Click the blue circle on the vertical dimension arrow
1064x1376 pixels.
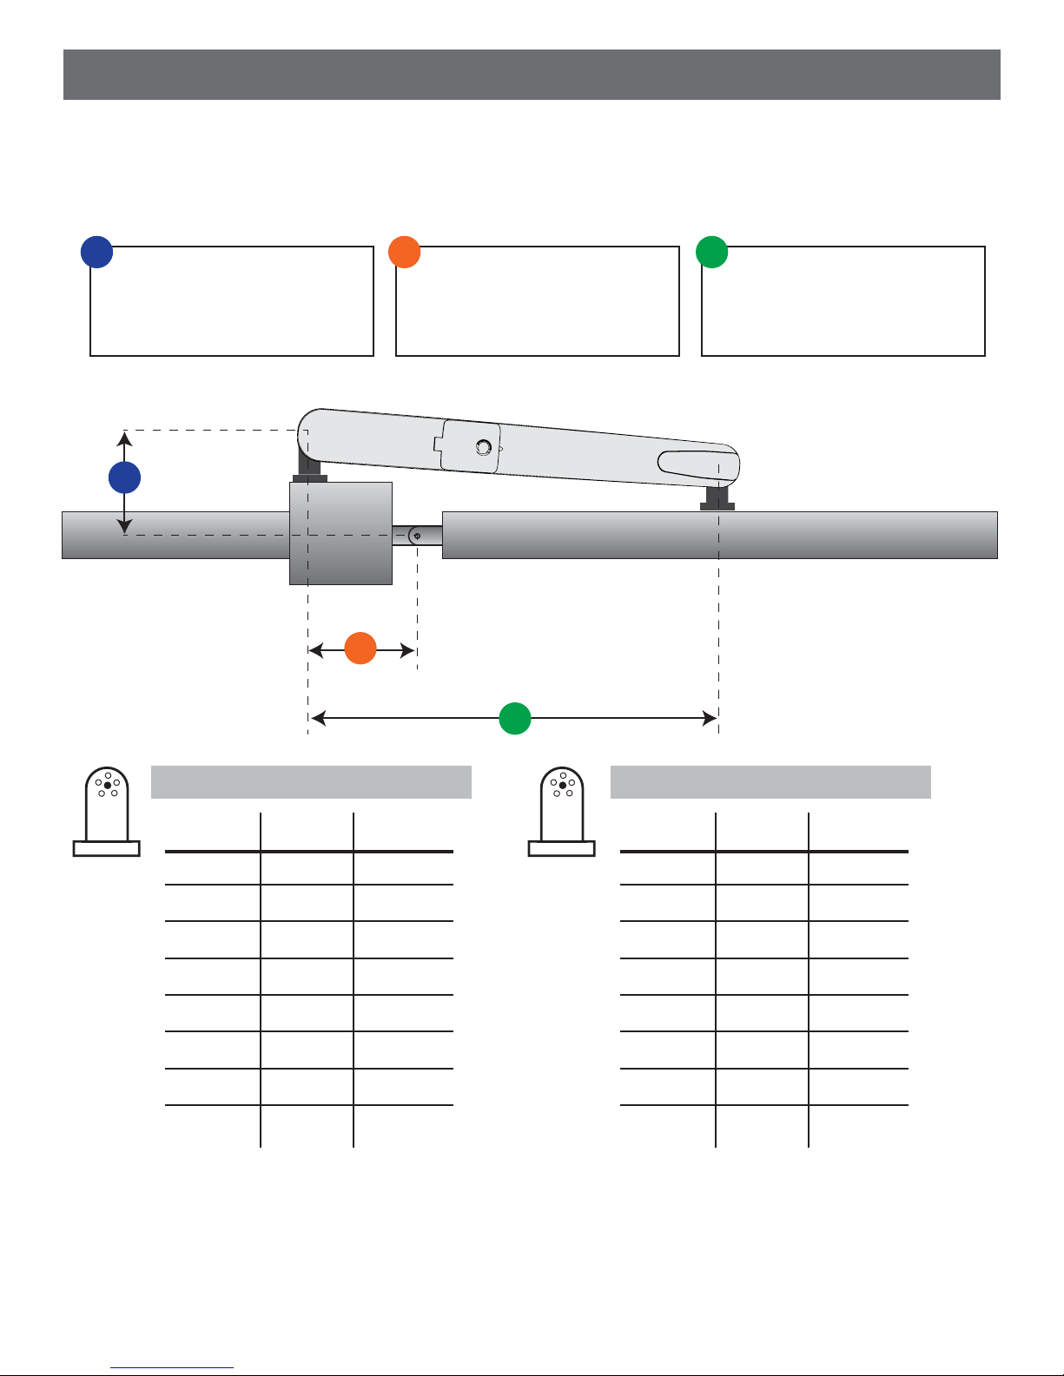125,478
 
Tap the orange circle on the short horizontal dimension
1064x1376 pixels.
360,649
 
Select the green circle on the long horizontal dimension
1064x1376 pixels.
515,719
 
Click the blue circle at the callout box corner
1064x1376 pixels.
97,251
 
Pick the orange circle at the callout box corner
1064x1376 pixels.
405,251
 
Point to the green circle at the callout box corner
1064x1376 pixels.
712,251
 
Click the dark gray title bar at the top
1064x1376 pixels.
532,75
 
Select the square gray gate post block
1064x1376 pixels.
340,533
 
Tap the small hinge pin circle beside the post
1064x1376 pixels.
418,536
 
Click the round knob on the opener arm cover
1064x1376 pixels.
484,447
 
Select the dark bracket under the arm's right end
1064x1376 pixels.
717,498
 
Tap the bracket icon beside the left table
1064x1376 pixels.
107,813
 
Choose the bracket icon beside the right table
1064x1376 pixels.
562,813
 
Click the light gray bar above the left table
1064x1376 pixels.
311,782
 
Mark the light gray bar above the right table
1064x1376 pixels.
770,782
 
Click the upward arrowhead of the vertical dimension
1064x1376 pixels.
125,440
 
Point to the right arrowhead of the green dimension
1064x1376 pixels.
710,718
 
